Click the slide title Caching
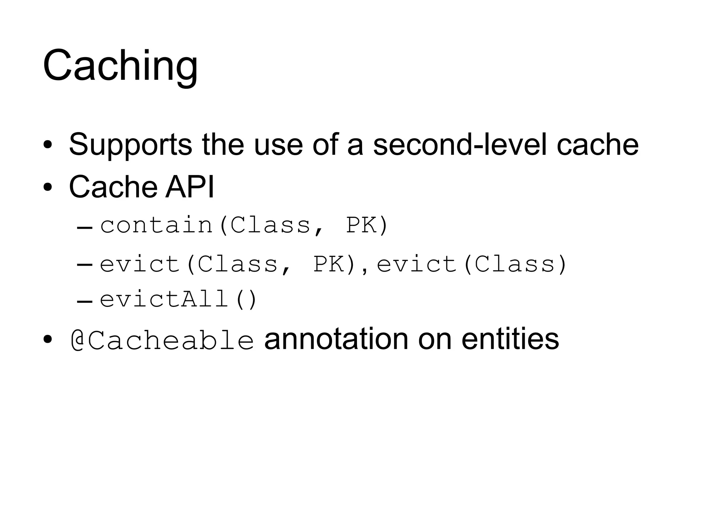tap(120, 66)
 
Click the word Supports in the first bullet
tap(130, 145)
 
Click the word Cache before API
tap(113, 187)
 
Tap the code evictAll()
tap(178, 299)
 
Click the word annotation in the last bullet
tap(336, 339)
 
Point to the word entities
tap(510, 339)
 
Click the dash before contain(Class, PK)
tap(85, 227)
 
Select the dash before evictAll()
tap(85, 301)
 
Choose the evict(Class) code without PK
tap(472, 264)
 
